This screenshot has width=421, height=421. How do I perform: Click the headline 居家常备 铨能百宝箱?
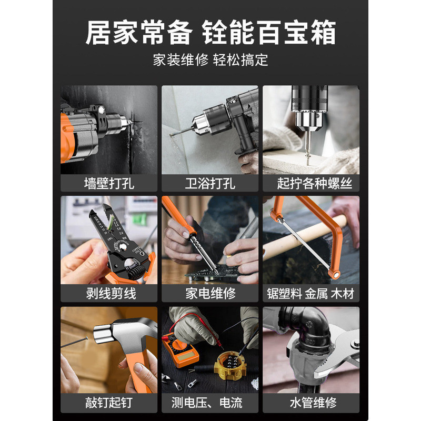tap(210, 33)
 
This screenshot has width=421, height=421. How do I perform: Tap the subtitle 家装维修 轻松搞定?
tap(210, 59)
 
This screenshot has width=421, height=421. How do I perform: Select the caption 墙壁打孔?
tap(109, 184)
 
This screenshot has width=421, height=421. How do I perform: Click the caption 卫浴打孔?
tap(210, 184)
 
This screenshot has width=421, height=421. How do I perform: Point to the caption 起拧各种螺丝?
tap(314, 184)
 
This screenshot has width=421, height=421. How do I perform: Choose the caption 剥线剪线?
tap(111, 294)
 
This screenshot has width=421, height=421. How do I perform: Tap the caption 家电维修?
tap(210, 294)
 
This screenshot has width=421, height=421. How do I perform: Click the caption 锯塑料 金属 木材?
tap(310, 294)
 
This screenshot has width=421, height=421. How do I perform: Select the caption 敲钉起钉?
tap(109, 403)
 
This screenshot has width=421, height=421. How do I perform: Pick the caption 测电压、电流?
tap(207, 403)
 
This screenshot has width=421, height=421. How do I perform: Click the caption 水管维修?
tap(313, 403)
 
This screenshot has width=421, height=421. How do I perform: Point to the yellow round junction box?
tap(230, 364)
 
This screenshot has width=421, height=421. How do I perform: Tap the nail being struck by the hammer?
tap(74, 343)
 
